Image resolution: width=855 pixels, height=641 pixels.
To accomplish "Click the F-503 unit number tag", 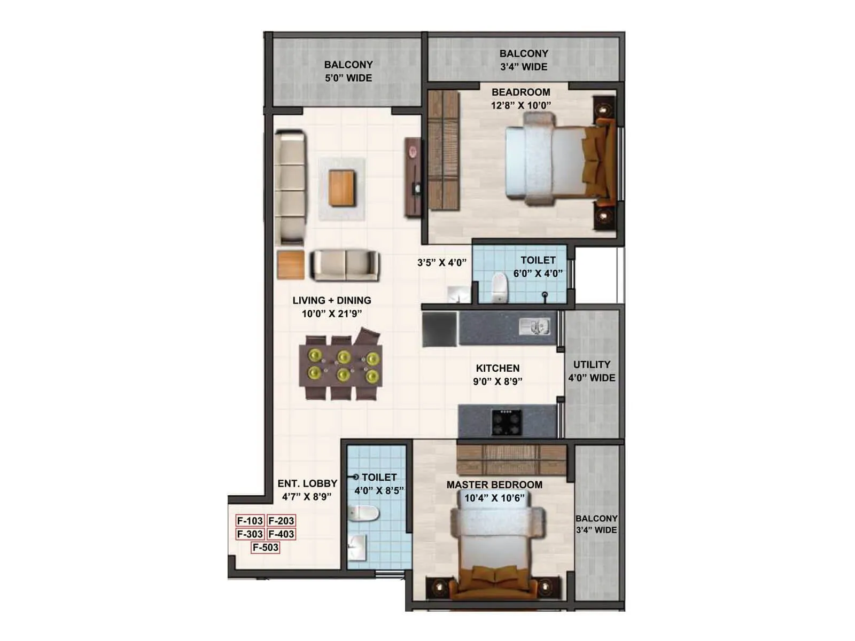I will (x=266, y=547).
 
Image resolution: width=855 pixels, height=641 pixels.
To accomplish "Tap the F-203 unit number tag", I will (x=281, y=521).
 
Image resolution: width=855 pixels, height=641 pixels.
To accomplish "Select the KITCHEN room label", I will (x=498, y=368).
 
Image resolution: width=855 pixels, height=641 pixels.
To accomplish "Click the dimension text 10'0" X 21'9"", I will (x=332, y=314).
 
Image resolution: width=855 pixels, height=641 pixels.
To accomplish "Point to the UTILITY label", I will (x=592, y=365).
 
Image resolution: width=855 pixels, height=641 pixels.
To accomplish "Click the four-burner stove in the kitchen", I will (x=506, y=423).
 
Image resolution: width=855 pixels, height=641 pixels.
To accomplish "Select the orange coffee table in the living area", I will (x=342, y=187).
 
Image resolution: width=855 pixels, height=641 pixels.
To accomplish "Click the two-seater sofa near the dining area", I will (x=345, y=265).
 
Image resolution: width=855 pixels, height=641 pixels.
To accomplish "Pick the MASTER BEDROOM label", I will (x=494, y=484).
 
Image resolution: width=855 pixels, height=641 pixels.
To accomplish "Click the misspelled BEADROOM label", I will (x=521, y=92).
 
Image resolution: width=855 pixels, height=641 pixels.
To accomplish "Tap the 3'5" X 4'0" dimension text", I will (x=442, y=263).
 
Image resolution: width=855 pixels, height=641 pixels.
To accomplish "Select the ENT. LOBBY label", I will (x=307, y=483).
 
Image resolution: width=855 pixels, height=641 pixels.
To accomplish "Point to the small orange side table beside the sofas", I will (x=291, y=265).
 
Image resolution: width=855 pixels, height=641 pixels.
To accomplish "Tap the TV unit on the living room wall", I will (x=413, y=177).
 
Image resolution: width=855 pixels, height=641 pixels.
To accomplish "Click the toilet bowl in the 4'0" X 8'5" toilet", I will (x=364, y=513).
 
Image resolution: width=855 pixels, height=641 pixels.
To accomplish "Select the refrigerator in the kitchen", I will (x=439, y=330).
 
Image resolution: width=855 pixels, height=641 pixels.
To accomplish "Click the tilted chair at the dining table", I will (x=368, y=339).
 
